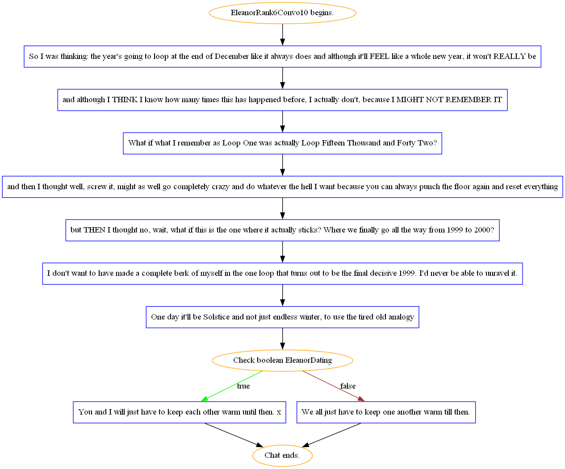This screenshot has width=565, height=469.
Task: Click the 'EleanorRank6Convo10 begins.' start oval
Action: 282,13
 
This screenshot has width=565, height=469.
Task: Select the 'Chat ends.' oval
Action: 282,456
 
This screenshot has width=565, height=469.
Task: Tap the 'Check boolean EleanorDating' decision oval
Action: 282,360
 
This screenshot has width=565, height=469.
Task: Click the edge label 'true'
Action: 243,386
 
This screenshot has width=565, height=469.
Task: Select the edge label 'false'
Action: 348,386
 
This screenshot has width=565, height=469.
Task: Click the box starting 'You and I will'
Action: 180,412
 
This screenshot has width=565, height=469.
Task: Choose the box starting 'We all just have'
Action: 386,412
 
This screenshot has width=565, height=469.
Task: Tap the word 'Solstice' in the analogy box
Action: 216,317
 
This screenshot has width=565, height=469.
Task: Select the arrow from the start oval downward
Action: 282,35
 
